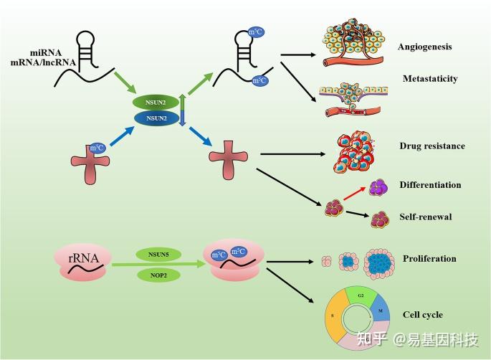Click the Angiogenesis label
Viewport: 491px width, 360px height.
(425, 47)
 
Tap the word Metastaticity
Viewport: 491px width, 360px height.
(429, 79)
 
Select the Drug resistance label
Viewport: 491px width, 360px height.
(432, 146)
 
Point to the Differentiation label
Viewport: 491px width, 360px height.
(430, 185)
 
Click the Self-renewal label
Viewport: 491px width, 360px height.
(425, 217)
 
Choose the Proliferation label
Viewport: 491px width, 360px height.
(429, 259)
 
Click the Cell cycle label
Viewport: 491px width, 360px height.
(422, 315)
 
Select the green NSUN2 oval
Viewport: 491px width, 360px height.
(156, 102)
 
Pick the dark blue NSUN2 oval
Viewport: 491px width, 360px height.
(156, 117)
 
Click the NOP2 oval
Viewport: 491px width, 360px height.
(158, 274)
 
